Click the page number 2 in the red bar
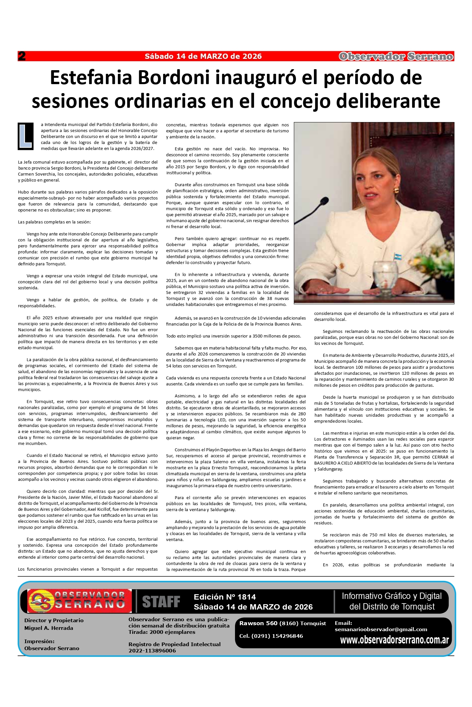(x=22, y=56)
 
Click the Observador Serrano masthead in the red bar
(x=396, y=57)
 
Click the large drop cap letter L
(x=26, y=136)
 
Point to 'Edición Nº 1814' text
(x=225, y=597)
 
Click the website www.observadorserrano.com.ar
(x=394, y=640)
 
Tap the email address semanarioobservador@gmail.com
(x=381, y=629)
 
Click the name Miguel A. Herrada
(x=49, y=628)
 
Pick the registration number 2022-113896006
(x=152, y=650)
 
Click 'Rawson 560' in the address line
(x=258, y=623)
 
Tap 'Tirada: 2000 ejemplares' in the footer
(x=162, y=632)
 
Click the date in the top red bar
(x=203, y=56)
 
